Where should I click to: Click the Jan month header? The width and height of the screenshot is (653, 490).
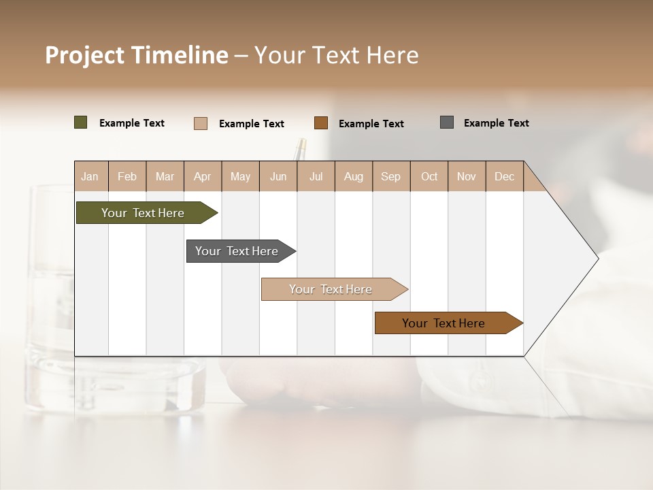click(90, 176)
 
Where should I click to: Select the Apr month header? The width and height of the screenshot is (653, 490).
click(202, 176)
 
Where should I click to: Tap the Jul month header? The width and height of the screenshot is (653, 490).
click(316, 176)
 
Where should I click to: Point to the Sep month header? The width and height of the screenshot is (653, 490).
click(390, 176)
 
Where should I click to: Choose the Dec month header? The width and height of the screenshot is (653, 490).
click(504, 176)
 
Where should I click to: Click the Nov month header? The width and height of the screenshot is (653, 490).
click(466, 176)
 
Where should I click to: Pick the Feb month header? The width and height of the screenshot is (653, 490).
click(127, 176)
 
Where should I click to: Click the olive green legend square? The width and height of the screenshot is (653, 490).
click(81, 122)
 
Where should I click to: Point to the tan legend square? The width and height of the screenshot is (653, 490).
click(201, 123)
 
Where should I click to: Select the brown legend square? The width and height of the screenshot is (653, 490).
click(321, 123)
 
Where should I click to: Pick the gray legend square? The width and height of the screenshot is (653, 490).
click(447, 122)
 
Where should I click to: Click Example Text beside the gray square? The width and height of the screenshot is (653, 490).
click(496, 123)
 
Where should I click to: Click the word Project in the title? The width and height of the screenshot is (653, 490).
click(84, 55)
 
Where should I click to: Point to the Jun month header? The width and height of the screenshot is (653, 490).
click(278, 176)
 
